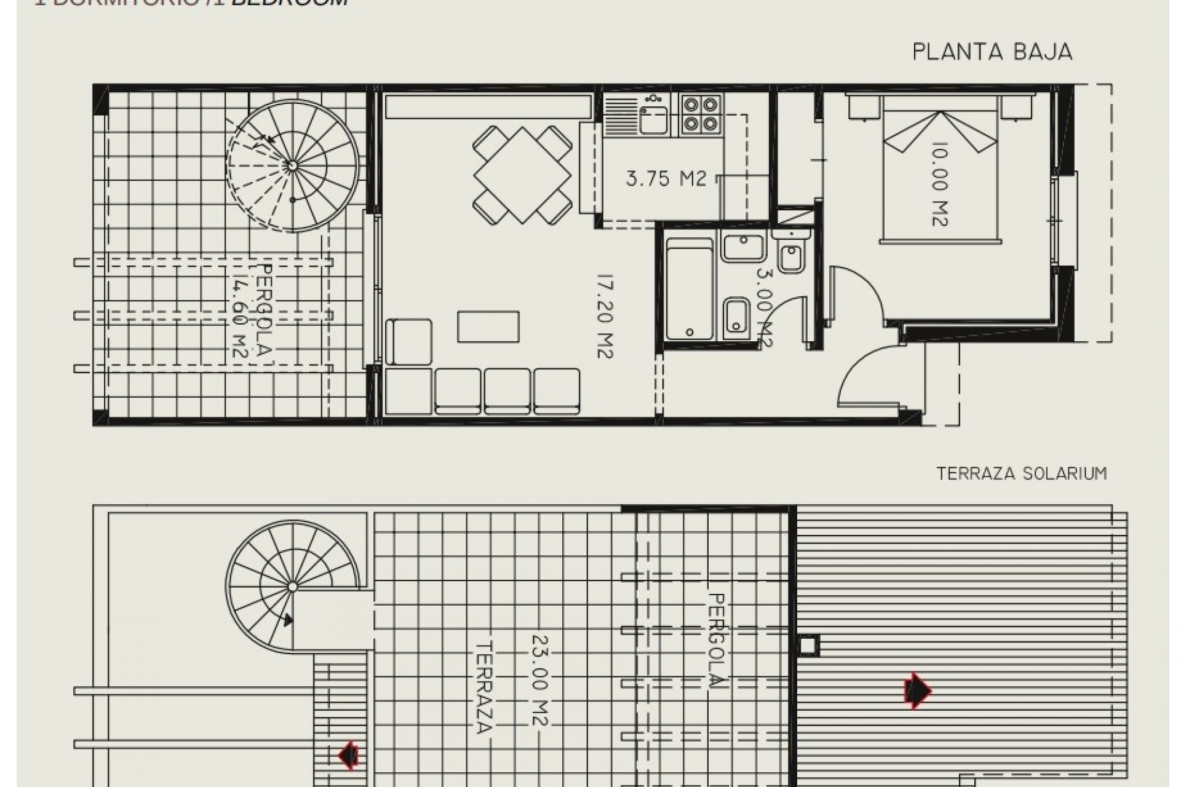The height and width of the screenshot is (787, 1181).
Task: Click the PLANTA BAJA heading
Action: coord(992,52)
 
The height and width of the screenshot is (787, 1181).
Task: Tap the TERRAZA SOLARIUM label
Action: coord(1021,473)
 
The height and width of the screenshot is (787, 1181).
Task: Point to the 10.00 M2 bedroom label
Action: coord(939,184)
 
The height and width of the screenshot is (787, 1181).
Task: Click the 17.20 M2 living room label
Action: coord(605,317)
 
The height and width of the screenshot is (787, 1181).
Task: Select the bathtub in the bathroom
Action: coord(690,289)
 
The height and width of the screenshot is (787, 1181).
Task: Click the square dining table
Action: coord(523,175)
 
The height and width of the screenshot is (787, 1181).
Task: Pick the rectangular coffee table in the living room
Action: coord(488,326)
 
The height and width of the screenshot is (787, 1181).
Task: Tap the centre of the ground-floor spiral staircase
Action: coord(292,165)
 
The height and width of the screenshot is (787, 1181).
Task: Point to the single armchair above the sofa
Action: coord(409,342)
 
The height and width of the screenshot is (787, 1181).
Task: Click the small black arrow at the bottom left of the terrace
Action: coord(349,756)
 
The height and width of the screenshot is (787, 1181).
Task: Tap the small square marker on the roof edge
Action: coord(808,646)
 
